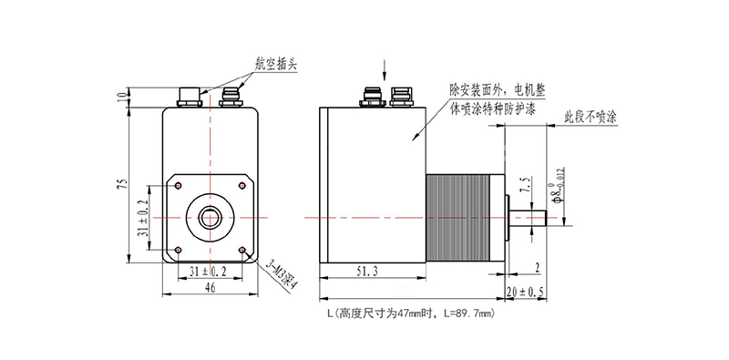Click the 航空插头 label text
pos(275,64)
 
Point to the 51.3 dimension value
pos(370,271)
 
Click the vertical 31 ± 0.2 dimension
pos(142,219)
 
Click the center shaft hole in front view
pos(210,217)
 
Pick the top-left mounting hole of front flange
pos(179,186)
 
